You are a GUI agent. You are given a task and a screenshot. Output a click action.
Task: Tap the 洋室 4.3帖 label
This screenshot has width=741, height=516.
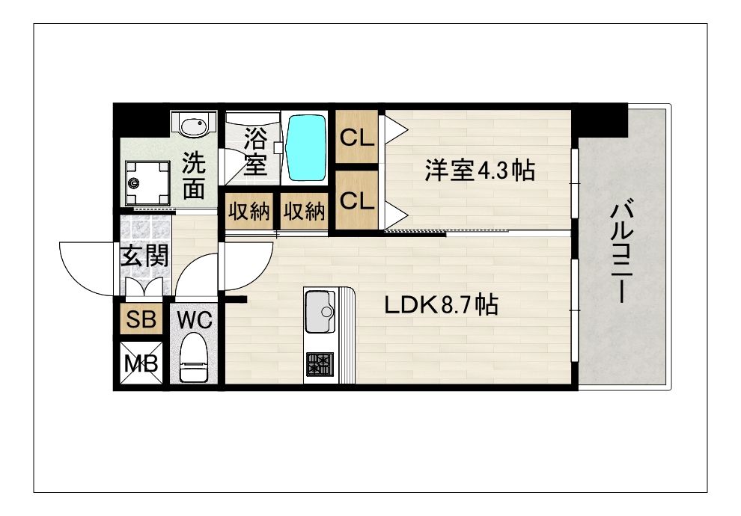coord(479,171)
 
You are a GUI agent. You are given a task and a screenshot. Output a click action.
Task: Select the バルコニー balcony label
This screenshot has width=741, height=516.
coord(620,251)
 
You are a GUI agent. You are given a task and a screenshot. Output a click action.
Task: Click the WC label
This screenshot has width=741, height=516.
coord(195,320)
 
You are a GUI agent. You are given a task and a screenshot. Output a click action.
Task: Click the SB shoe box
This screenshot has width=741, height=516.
coord(141,319)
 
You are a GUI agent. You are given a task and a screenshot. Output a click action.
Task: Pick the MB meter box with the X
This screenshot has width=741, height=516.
coord(141,364)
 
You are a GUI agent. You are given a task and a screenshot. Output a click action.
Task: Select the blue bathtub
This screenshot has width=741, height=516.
coord(305,147)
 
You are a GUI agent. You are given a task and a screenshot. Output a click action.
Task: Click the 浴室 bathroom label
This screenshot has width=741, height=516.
coord(256,152)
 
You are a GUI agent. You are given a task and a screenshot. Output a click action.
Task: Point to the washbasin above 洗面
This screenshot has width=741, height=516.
coord(194,125)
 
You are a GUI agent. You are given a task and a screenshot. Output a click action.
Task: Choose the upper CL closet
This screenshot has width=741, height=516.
coord(356,138)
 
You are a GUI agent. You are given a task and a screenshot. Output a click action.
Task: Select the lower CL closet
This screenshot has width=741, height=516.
coord(356,200)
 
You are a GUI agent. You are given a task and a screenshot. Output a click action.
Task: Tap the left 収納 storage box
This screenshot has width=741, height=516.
coord(248,212)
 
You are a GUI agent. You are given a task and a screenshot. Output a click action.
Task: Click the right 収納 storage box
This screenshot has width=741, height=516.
coord(304,212)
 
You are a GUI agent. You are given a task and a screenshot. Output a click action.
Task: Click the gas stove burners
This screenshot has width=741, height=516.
coord(320,364)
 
